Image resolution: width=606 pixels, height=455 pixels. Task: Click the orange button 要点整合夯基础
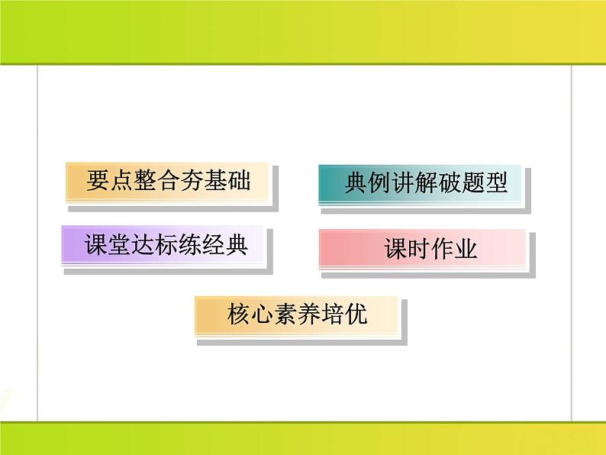(x=168, y=182)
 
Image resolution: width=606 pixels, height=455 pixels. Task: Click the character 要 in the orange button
(x=98, y=181)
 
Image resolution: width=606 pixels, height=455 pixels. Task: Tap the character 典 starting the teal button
(x=356, y=184)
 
